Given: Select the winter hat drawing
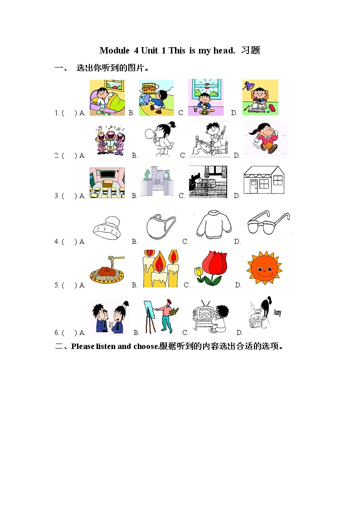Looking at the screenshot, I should pos(107,225).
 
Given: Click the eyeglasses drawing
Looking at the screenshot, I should pos(268,223).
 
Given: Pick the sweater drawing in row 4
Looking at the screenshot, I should pos(214,224).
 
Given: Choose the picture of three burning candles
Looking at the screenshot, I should pos(160,268).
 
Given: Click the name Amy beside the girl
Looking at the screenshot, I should pos(277,313).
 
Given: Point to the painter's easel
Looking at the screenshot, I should pos(148,315).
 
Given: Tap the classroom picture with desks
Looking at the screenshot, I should pos(107,183).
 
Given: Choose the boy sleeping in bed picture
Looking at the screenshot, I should pos(107,97).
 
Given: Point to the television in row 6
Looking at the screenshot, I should pos(203,313).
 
